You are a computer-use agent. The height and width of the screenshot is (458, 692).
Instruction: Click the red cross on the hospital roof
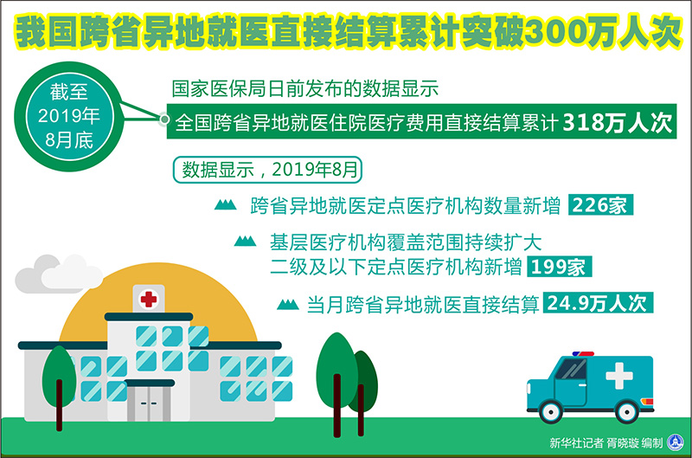tap(148, 299)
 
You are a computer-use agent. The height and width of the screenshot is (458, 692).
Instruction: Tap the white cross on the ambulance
tap(619, 376)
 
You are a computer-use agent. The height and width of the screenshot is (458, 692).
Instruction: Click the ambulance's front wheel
tap(550, 413)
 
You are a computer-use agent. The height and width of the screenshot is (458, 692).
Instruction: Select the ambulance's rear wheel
tap(626, 413)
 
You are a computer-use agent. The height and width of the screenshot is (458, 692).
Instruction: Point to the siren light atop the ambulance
tap(583, 354)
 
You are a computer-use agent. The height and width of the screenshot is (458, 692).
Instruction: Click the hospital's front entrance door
tap(149, 403)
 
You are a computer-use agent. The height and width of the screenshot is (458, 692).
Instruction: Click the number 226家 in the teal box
tap(600, 205)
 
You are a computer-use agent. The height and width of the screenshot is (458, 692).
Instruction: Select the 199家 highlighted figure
tap(559, 267)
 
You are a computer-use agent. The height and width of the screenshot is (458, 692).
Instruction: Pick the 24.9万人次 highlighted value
tap(598, 303)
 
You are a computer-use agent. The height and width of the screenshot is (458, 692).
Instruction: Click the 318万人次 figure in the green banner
tap(618, 122)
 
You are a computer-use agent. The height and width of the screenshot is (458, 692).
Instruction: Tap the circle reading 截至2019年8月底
tap(69, 117)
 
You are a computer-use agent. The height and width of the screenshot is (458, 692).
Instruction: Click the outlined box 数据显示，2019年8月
tap(267, 170)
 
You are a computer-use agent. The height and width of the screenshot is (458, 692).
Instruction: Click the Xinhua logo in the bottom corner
tap(676, 442)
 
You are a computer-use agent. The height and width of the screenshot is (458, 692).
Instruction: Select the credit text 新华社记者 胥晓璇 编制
tap(606, 442)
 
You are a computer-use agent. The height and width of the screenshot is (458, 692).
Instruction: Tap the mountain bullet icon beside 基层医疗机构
tap(245, 241)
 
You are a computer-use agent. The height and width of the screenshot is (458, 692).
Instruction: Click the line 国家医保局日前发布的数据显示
tap(305, 89)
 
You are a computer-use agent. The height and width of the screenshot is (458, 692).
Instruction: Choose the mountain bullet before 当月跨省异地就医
tap(288, 304)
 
